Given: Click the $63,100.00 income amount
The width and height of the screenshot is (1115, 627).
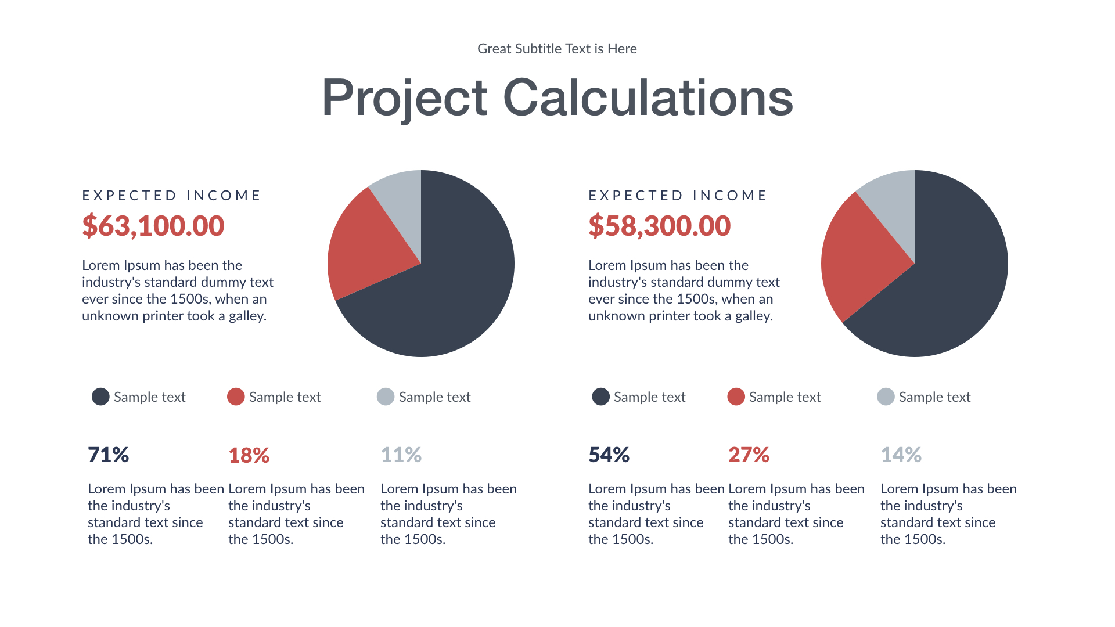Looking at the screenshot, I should tap(153, 226).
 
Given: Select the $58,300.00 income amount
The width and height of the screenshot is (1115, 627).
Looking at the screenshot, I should tap(659, 226).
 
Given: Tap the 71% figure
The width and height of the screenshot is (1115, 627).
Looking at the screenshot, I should tap(108, 455).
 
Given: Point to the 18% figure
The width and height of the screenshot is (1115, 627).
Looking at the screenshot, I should tap(249, 455).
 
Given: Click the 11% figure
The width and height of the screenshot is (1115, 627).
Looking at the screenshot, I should tap(401, 455).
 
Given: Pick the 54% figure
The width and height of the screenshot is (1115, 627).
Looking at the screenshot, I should tap(609, 455).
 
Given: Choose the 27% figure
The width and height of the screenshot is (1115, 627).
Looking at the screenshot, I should tap(749, 455).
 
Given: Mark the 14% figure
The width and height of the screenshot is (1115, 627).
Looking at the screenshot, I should tap(901, 455).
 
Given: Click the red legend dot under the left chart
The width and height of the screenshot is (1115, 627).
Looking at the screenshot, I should tap(236, 397).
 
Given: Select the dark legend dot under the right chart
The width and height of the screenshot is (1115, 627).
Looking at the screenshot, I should tap(600, 397).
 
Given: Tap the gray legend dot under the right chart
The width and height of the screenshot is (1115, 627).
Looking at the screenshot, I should tap(886, 397).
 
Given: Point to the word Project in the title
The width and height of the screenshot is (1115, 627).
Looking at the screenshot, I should tap(404, 98).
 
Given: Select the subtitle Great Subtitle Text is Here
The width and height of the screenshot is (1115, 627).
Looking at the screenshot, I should tap(557, 49).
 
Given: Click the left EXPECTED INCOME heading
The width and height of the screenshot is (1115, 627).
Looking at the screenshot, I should tap(171, 196).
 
